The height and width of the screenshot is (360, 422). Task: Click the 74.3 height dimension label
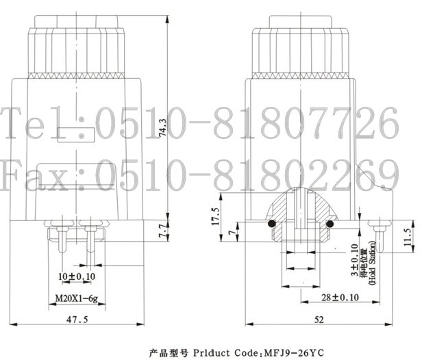pos(163,127)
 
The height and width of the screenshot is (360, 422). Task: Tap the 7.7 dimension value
pos(163,231)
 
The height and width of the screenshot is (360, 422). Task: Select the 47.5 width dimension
pos(77,320)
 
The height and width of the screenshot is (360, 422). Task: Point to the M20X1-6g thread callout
pos(77,298)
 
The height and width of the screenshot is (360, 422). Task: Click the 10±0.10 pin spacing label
pos(77,277)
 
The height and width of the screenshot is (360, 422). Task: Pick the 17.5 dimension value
pos(216,216)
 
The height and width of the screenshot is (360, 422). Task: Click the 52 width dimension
pos(319,320)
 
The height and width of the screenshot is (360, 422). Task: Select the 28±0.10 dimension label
pos(340,297)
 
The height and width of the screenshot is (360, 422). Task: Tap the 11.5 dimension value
pos(408,237)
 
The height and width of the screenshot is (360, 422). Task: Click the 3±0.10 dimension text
pos(354,259)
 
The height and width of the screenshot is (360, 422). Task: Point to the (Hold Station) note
pos(372,263)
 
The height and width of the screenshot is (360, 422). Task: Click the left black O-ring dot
pos(272,223)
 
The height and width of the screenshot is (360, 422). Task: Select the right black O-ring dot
pos(330,224)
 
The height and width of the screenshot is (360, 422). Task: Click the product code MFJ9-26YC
pos(295,352)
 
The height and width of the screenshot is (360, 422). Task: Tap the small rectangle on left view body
pos(76,135)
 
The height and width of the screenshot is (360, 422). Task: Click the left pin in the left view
pos(62,240)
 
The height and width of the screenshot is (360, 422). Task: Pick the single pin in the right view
pos(380,237)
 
